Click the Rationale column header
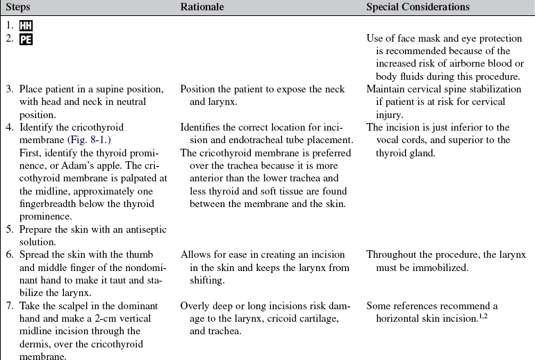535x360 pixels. point(201,7)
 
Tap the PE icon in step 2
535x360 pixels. point(26,39)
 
